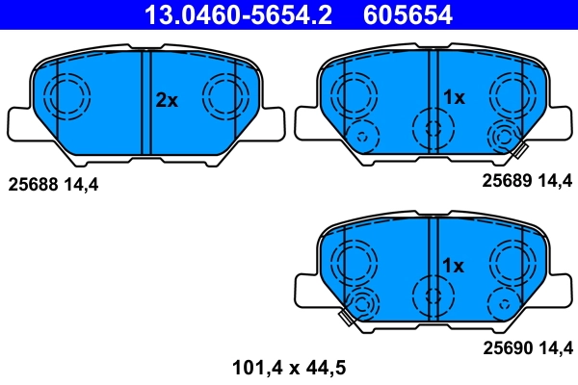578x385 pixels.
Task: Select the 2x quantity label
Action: [168, 100]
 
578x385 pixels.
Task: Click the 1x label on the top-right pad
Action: [454, 97]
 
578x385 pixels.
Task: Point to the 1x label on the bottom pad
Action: [453, 265]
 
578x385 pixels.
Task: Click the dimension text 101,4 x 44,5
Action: [289, 366]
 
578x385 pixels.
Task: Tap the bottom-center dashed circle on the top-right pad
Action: [431, 128]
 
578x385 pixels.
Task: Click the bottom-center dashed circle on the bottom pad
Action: [431, 295]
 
